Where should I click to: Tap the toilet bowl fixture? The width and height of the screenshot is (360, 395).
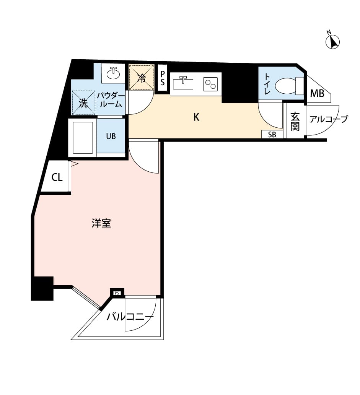(x=289, y=86)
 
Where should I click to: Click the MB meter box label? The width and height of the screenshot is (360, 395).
(x=317, y=94)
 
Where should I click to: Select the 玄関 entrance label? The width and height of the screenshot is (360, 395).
(x=295, y=122)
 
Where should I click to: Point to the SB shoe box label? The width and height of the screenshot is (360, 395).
(x=272, y=135)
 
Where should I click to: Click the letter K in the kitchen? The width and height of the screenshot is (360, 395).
(x=196, y=117)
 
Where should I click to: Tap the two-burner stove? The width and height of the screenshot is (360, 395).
(x=210, y=84)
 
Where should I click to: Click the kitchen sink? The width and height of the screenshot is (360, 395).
(x=183, y=83)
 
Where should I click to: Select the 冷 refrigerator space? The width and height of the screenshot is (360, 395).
(x=141, y=77)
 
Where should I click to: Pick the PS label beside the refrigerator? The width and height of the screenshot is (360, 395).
(x=163, y=78)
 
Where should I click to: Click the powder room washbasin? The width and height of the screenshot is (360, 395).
(x=114, y=73)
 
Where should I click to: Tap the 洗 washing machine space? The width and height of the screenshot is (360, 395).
(x=83, y=103)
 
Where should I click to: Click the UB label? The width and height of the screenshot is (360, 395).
(x=111, y=136)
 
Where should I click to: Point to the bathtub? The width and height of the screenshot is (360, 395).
(x=83, y=138)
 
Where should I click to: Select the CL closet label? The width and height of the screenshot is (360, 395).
(x=57, y=177)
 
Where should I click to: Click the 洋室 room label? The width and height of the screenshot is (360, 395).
(x=101, y=223)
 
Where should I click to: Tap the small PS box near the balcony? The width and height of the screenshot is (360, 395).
(x=117, y=293)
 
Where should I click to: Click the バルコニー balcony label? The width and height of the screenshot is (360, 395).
(x=130, y=316)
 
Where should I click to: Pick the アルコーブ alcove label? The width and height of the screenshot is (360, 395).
(x=329, y=119)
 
